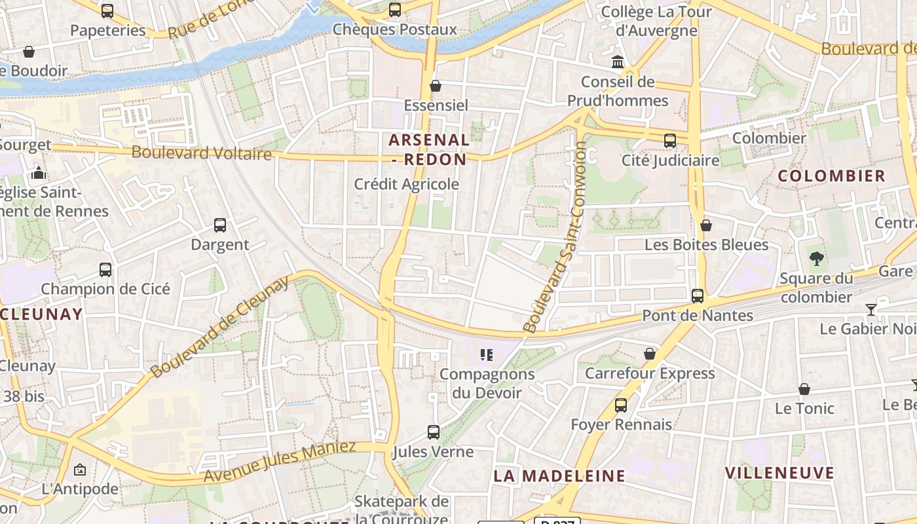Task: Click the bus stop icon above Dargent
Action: click(220, 225)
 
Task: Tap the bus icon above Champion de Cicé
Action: click(105, 270)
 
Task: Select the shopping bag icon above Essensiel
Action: click(435, 86)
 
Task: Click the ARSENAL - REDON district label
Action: click(429, 149)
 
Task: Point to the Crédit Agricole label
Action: click(406, 185)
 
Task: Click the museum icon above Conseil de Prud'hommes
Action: click(618, 62)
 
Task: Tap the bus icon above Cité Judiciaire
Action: click(669, 141)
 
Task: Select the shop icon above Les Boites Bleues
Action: click(706, 226)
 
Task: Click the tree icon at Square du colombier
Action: click(816, 259)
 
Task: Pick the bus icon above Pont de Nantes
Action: click(698, 296)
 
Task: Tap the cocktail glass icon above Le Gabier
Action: click(871, 310)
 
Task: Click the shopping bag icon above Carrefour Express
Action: click(650, 354)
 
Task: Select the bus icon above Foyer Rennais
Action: click(621, 405)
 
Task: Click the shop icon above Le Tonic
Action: click(804, 389)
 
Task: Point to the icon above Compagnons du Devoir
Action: click(487, 355)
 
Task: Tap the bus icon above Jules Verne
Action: click(434, 432)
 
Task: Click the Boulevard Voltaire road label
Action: click(202, 153)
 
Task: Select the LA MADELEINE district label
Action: click(559, 476)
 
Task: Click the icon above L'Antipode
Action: click(80, 470)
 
